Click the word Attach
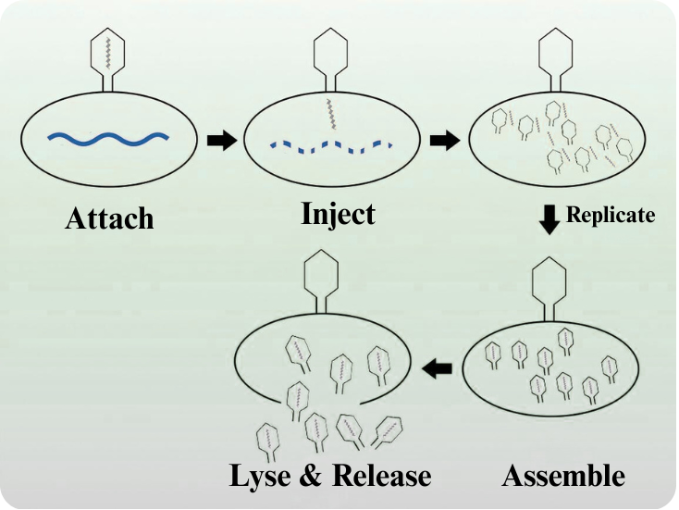[x=109, y=219]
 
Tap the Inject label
[x=338, y=214]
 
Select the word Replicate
[x=611, y=215]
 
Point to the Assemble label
[x=563, y=476]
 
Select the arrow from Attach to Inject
[x=222, y=141]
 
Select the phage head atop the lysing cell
[x=320, y=275]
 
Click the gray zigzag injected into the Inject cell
[x=329, y=114]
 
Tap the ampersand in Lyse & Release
[x=314, y=476]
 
